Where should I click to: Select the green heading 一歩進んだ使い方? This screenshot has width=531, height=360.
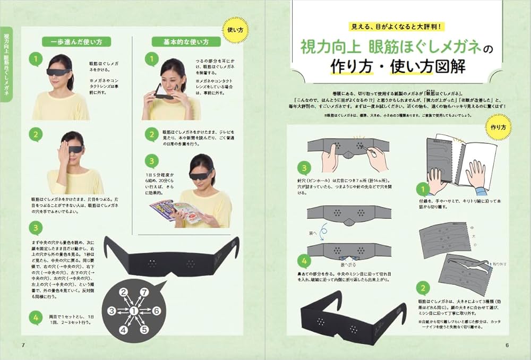tap(73, 41)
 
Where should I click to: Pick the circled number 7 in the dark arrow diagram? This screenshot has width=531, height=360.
tap(143, 292)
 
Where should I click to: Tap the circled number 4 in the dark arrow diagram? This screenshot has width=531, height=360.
tap(123, 330)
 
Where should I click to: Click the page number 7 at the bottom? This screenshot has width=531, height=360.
tap(23, 345)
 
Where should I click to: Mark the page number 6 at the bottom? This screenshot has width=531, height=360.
tap(507, 345)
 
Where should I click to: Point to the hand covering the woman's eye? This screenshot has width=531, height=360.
tap(66, 146)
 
